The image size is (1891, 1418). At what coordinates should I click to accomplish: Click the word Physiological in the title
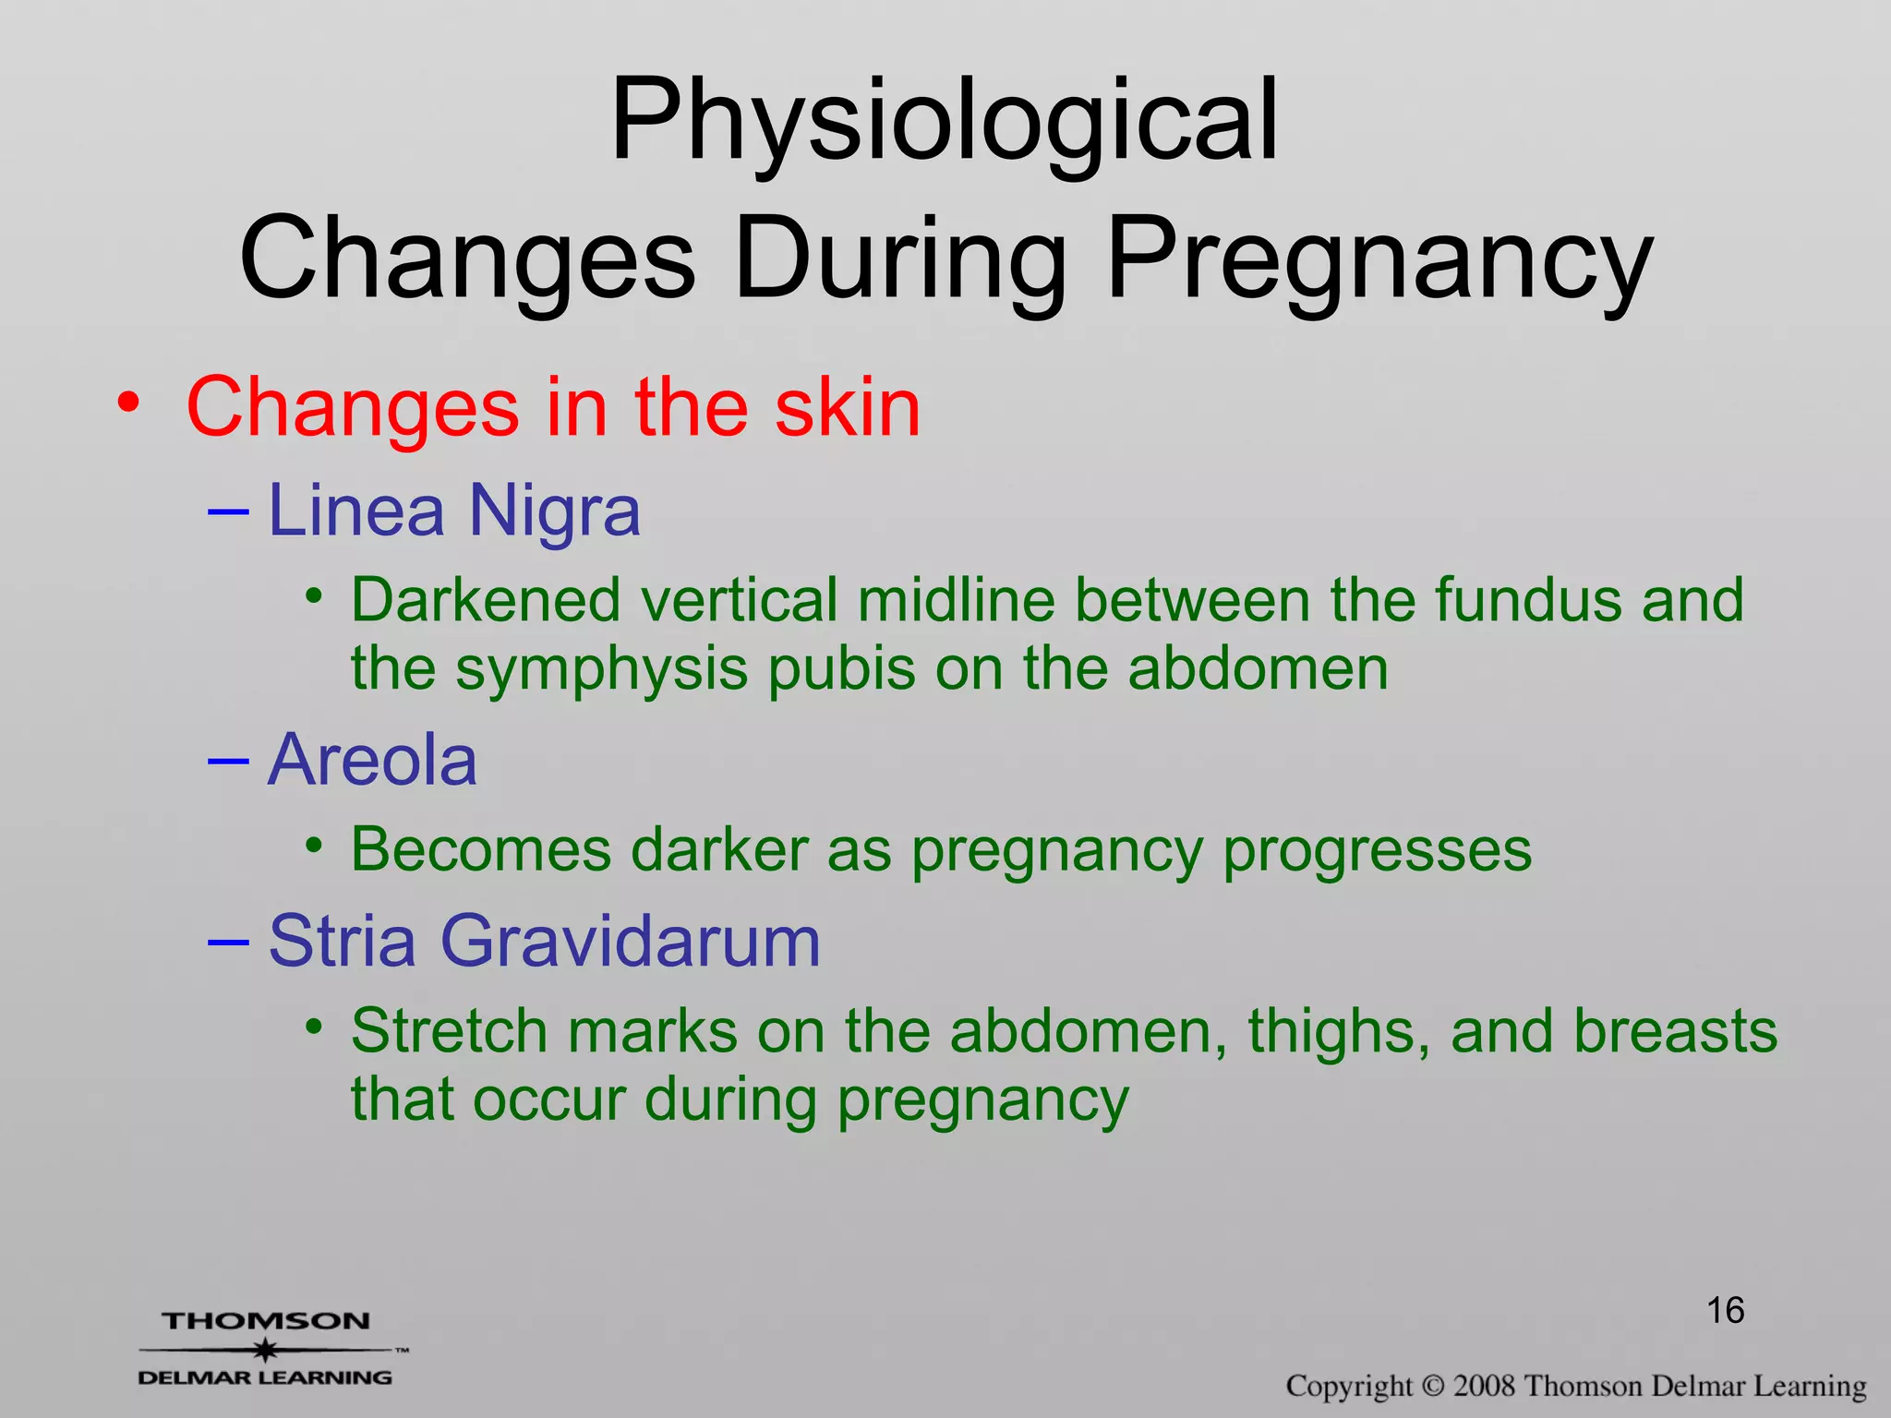(944, 121)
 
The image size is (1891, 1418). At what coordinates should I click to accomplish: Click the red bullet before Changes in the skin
(128, 403)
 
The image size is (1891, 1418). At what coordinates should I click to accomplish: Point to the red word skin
(847, 407)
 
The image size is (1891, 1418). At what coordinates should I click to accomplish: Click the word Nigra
(554, 511)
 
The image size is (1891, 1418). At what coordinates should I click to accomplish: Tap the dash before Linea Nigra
(228, 511)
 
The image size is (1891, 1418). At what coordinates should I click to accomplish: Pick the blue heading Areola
(372, 760)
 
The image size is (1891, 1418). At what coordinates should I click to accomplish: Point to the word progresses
(1377, 851)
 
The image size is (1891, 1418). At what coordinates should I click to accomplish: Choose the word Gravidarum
(630, 941)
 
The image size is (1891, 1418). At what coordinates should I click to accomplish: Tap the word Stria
(342, 941)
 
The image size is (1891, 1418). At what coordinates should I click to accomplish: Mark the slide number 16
(1725, 1310)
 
